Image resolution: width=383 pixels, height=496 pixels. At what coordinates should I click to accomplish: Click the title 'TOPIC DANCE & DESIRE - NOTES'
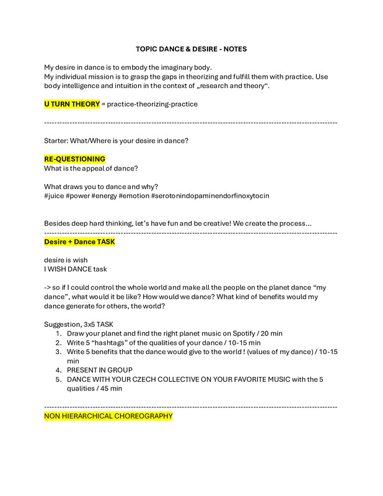coord(191,49)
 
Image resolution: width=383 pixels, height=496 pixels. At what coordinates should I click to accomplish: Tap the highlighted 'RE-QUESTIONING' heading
coord(74,159)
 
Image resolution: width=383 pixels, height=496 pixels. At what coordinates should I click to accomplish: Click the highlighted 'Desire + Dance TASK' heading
coord(79,242)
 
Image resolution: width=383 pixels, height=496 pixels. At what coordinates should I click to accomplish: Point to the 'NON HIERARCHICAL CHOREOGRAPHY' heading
coord(108,416)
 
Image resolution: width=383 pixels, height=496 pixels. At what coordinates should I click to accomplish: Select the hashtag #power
coord(81,196)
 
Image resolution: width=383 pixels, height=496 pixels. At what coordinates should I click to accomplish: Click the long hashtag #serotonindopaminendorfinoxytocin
coord(210,196)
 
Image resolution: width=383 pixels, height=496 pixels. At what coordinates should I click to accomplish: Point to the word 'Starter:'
coord(58,141)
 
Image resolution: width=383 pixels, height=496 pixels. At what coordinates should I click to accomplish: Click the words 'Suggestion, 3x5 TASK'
coord(79,324)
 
